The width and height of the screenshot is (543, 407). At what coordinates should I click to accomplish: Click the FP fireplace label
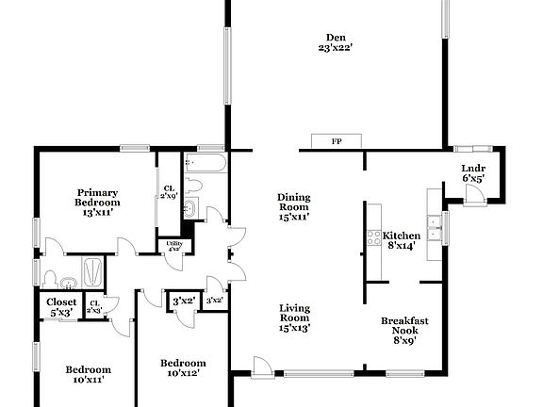[337, 141]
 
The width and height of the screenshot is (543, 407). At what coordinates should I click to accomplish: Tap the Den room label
[335, 42]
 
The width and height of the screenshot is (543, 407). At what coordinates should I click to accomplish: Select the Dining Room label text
[293, 206]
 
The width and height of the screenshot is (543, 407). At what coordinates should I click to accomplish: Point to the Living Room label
[294, 317]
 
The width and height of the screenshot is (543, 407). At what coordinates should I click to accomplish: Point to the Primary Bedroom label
[98, 202]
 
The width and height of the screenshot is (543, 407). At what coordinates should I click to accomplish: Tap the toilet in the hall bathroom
[193, 185]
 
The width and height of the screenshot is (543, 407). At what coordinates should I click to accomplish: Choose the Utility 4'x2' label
[174, 246]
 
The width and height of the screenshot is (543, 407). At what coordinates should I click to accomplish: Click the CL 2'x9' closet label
[168, 191]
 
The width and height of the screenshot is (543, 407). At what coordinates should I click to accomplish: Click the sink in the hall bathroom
[188, 209]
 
